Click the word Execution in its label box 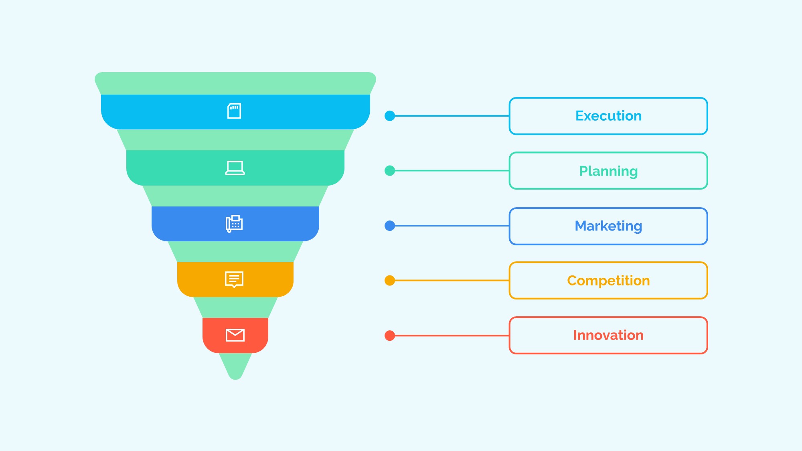608,116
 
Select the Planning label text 608,171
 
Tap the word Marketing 608,226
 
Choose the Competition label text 608,281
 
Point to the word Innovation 608,335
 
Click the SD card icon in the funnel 234,111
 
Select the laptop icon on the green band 235,168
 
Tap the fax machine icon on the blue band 234,224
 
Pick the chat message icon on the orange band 234,279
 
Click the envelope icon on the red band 235,335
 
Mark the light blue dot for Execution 390,116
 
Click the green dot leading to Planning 390,171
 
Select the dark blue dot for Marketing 390,226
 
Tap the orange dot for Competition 390,281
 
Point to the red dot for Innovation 390,336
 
